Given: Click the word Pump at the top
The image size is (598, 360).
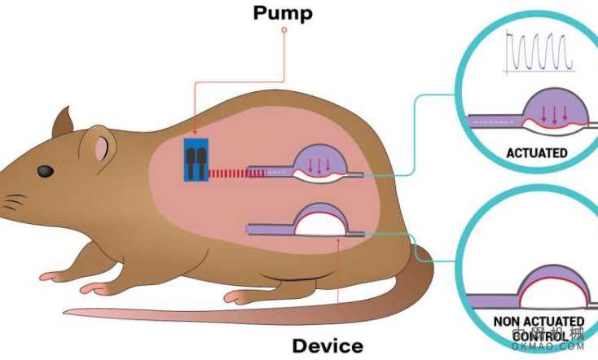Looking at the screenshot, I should click(283, 12).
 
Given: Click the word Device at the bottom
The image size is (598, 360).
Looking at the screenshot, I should click(328, 345).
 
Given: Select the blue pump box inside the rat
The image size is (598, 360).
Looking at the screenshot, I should click(196, 160).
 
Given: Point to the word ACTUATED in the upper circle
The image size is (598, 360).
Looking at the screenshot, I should click(536, 152).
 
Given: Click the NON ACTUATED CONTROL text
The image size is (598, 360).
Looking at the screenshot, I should click(539, 329).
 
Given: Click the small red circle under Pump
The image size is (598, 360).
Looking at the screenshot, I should click(284, 30).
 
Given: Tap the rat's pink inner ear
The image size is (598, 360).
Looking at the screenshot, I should click(102, 148).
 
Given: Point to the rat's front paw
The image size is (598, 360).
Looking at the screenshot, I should click(91, 288).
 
